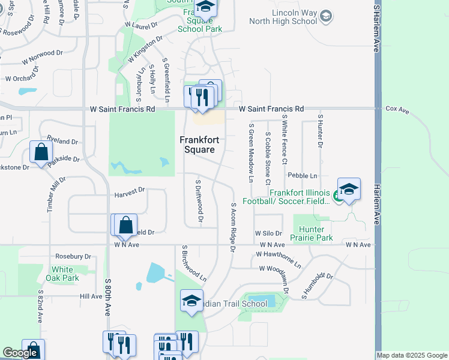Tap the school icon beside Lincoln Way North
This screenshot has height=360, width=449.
tap(326, 14)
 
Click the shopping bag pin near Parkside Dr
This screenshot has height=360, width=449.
tap(40, 152)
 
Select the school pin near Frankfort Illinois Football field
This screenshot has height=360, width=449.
tap(348, 189)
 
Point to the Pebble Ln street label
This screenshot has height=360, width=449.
tap(302, 175)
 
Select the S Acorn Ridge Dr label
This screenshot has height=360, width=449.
tap(233, 222)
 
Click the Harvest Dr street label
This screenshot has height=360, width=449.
tap(129, 190)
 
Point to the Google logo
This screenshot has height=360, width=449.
tap(20, 353)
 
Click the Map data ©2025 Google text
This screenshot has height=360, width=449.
tap(412, 355)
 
